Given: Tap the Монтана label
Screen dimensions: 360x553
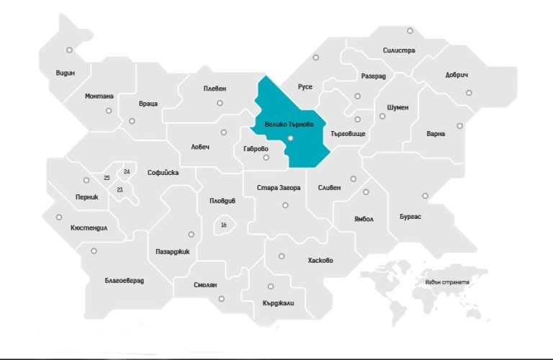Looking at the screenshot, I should pyautogui.click(x=99, y=96).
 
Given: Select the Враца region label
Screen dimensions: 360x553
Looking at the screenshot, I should pyautogui.click(x=148, y=104).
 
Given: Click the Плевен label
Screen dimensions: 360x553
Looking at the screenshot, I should pyautogui.click(x=215, y=89).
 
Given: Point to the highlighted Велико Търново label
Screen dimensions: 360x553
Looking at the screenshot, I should pyautogui.click(x=289, y=124).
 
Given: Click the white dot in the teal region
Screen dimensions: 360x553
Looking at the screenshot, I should pyautogui.click(x=289, y=137).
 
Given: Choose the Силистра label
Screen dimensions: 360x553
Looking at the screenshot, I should pyautogui.click(x=399, y=50).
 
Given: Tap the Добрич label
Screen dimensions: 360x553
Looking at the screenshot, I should pyautogui.click(x=457, y=75).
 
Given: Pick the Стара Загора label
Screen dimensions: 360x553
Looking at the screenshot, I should pyautogui.click(x=279, y=188).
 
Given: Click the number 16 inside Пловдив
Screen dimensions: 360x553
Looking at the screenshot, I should pyautogui.click(x=223, y=225).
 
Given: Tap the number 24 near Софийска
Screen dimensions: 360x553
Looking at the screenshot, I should pyautogui.click(x=127, y=171).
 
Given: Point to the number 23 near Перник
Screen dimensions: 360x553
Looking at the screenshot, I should pyautogui.click(x=120, y=189).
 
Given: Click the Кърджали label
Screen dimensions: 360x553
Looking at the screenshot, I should pyautogui.click(x=279, y=302).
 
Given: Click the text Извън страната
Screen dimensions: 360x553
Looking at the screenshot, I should pyautogui.click(x=446, y=282).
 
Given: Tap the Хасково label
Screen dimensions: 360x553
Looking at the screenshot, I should pyautogui.click(x=320, y=260).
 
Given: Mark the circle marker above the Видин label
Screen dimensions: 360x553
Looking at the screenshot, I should pyautogui.click(x=69, y=50).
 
